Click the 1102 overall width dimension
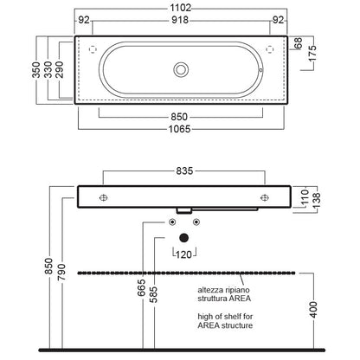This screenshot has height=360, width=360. click(x=181, y=8)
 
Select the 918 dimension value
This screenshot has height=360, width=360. click(x=180, y=20)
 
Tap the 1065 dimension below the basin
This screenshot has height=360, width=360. click(x=179, y=129)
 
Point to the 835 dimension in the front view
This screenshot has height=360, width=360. click(x=184, y=170)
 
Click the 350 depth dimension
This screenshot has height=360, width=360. click(x=36, y=69)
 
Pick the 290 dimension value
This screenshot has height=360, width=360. click(x=60, y=69)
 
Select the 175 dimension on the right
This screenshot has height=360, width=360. click(x=312, y=53)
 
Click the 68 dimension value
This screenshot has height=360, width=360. click(x=299, y=43)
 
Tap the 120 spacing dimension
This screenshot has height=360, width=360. click(x=183, y=254)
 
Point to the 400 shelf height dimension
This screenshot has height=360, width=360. click(x=313, y=310)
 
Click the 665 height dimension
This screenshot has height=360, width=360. click(x=141, y=287)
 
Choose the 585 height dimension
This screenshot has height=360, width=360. click(x=154, y=294)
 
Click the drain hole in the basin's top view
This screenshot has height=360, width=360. click(x=181, y=70)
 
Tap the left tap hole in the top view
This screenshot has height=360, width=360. click(x=93, y=49)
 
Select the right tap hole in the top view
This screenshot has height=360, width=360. click(x=269, y=49)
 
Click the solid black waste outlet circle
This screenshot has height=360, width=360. click(x=183, y=238)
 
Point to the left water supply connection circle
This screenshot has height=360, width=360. click(x=172, y=222)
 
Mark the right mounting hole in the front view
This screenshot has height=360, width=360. click(x=265, y=197)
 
